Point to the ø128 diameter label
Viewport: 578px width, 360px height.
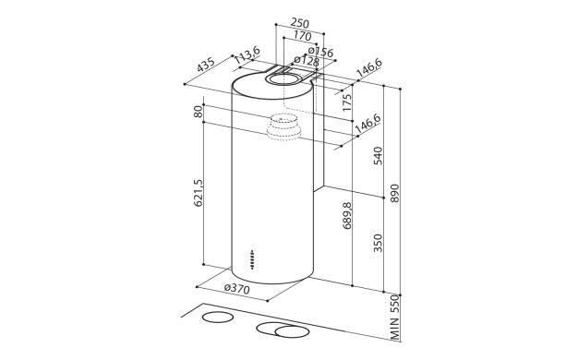pyautogui.click(x=305, y=63)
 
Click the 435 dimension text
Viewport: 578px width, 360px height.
pyautogui.click(x=205, y=66)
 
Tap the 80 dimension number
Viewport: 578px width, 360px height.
pyautogui.click(x=198, y=112)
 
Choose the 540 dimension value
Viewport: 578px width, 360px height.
pyautogui.click(x=376, y=156)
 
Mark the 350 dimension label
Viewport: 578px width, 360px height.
pyautogui.click(x=376, y=242)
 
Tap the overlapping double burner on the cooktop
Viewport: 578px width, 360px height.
pyautogui.click(x=282, y=330)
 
